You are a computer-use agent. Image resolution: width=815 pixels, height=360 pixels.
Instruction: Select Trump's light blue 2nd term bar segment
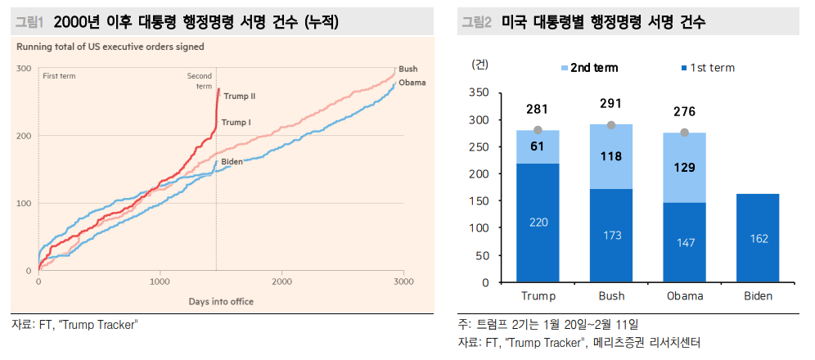[x=537, y=146]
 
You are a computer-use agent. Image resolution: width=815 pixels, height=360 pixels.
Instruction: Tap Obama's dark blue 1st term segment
[x=684, y=242]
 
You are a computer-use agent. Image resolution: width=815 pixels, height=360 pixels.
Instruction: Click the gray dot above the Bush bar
[x=610, y=125]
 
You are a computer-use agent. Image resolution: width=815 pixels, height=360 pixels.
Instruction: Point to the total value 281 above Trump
[x=537, y=109]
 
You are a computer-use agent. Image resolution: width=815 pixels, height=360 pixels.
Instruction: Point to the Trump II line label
[x=239, y=96]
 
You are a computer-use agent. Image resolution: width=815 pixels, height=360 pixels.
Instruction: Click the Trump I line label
[x=236, y=123]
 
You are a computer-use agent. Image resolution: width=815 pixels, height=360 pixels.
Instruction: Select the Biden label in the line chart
[x=232, y=162]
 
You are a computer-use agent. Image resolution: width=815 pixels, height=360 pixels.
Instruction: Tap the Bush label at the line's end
[x=407, y=70]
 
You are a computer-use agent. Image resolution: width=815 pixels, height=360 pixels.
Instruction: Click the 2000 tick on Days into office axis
[x=282, y=281]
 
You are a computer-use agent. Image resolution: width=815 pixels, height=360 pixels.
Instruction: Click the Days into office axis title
[x=221, y=301]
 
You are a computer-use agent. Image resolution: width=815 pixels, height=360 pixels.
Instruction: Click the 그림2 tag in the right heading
[x=475, y=23]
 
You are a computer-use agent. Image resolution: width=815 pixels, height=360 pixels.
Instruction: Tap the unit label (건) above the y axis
[x=482, y=63]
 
